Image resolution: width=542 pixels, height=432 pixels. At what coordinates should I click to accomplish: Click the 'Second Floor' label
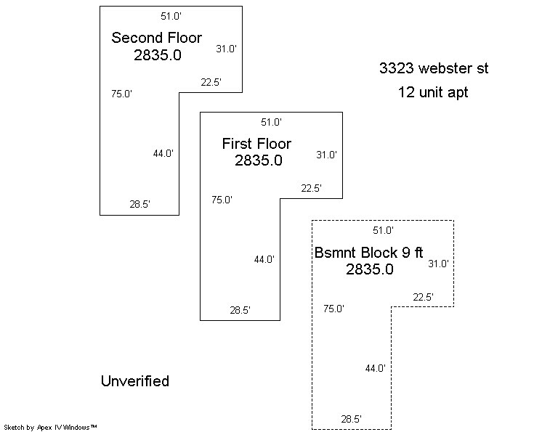coord(156,38)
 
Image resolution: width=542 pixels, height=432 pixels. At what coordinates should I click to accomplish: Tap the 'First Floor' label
coord(256,144)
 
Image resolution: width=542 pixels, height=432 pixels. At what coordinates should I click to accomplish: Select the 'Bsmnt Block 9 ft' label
coord(368,253)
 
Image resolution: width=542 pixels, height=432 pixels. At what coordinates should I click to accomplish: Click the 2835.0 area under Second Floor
coord(157,55)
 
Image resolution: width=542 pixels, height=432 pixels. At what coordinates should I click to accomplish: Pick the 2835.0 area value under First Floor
coord(258,161)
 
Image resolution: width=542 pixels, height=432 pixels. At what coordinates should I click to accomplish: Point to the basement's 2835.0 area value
coord(370,269)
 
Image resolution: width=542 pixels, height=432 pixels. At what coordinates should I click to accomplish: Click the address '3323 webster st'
coord(434,69)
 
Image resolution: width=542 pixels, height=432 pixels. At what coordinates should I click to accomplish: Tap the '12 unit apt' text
coord(433,92)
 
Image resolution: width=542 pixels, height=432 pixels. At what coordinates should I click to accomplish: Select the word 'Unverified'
coord(134,381)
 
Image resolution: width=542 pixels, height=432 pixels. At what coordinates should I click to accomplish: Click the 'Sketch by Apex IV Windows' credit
coord(50,427)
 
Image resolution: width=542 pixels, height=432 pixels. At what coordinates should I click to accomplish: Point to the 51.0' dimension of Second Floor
coord(171,16)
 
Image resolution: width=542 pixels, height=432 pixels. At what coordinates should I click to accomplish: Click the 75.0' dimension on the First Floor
coord(222,200)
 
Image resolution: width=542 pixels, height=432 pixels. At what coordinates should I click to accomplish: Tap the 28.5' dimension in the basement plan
coord(352,419)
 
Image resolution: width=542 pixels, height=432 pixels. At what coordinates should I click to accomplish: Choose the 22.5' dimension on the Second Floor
coord(211,82)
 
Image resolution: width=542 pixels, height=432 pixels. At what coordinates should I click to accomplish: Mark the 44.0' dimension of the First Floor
coord(264,259)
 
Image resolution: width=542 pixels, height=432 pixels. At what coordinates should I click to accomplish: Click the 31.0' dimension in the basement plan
coord(439,264)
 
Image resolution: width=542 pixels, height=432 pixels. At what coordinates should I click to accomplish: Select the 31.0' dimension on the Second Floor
coord(226,49)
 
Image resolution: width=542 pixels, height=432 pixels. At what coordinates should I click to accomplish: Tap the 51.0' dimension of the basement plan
coord(383,230)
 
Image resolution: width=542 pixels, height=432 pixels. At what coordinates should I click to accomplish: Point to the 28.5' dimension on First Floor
coord(240,310)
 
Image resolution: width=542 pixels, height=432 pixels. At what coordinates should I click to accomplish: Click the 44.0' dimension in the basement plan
coord(375,369)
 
